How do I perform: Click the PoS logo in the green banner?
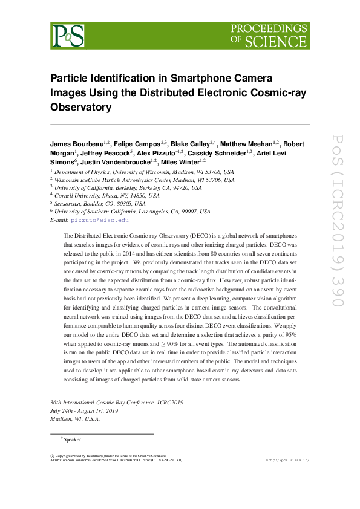point(68,36)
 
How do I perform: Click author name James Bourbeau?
point(76,145)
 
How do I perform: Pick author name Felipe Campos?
point(139,145)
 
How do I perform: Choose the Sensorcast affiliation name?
point(71,204)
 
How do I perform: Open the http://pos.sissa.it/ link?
point(288,461)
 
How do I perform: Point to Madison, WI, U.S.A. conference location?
point(75,418)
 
